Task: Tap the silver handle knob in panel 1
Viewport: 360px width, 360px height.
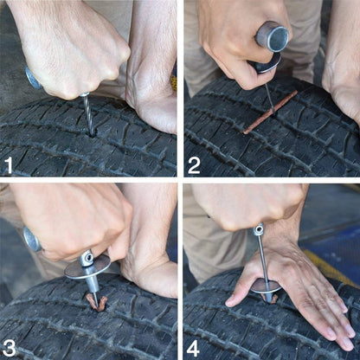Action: (34, 79)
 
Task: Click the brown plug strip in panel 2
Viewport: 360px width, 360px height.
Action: (270, 112)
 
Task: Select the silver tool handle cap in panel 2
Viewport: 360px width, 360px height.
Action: (273, 37)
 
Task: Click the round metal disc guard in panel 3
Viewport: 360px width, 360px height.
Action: (87, 267)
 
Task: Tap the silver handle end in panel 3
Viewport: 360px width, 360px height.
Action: (32, 239)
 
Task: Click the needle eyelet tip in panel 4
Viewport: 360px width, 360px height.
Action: (259, 229)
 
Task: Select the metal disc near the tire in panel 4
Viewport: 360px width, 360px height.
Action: (266, 285)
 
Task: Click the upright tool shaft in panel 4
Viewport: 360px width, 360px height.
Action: (262, 260)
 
